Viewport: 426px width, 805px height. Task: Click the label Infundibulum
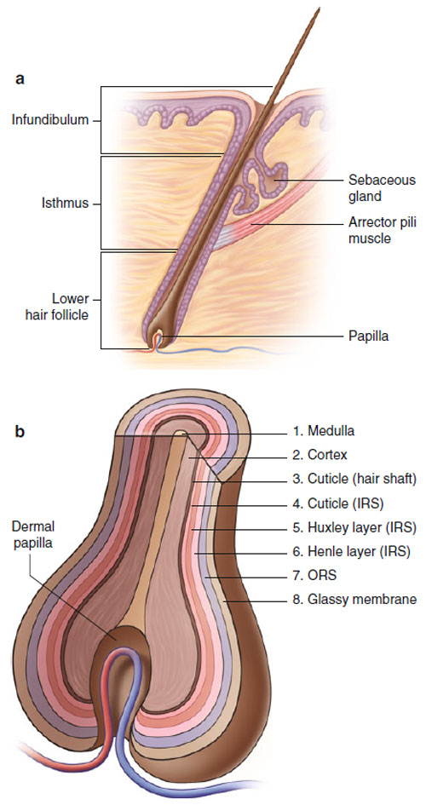[50, 121]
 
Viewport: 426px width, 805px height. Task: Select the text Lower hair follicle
[57, 307]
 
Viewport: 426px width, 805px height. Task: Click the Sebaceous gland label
[382, 188]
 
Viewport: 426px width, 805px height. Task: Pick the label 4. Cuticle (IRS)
[339, 503]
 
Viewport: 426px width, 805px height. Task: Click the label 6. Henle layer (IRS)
[352, 552]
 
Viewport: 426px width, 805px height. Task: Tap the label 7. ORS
[315, 576]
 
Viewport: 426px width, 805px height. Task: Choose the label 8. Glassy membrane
[354, 600]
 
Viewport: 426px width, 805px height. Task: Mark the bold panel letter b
[20, 431]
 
